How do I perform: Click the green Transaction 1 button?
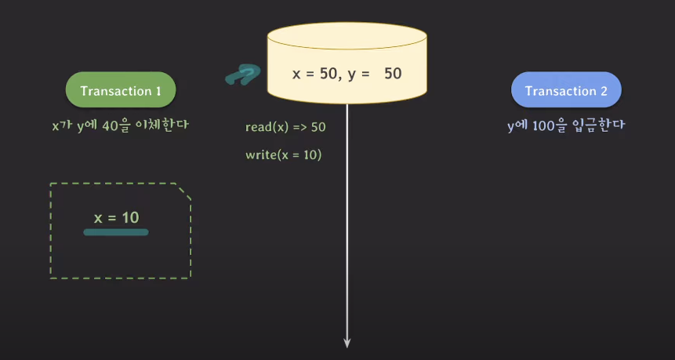tap(120, 91)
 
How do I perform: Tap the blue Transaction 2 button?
tap(566, 91)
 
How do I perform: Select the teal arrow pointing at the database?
tap(242, 75)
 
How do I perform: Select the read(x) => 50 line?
tap(285, 126)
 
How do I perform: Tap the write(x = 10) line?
tap(284, 155)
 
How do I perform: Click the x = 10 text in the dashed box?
tap(116, 217)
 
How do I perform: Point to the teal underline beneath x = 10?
tap(116, 232)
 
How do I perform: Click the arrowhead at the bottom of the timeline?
tap(347, 342)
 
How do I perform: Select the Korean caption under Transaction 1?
tap(120, 124)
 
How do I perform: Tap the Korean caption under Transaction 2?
tap(565, 124)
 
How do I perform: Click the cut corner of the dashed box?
tap(183, 191)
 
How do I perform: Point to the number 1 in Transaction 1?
tap(158, 91)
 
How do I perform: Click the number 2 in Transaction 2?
tap(604, 91)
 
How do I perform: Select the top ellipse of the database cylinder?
tap(347, 35)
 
